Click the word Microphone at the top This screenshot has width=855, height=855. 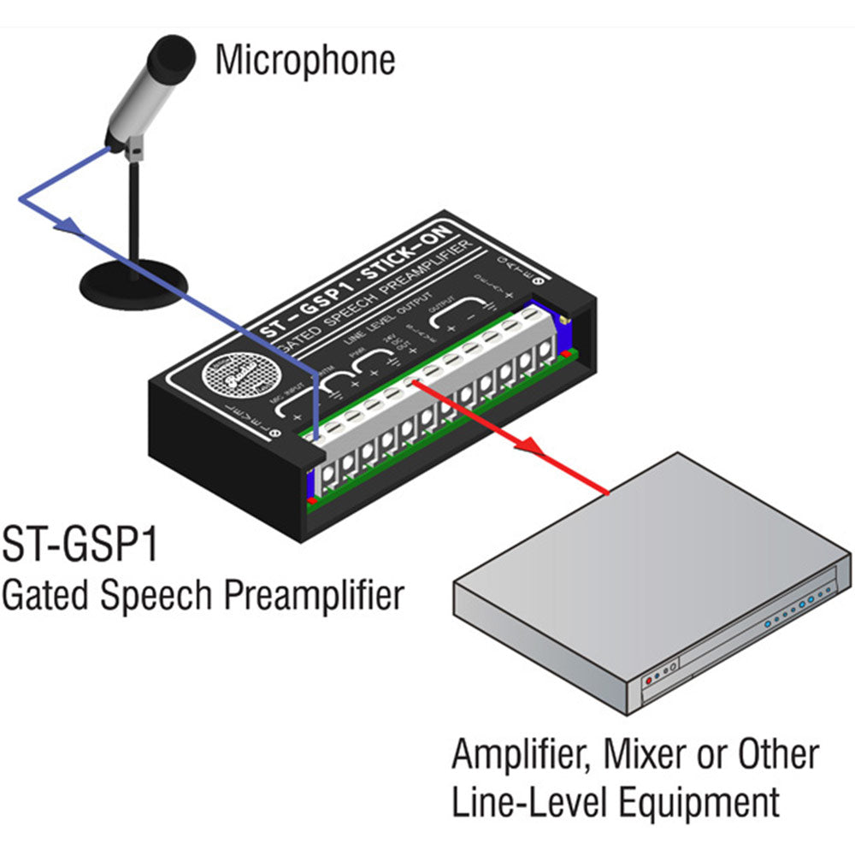pyautogui.click(x=304, y=60)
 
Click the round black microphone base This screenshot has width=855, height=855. pyautogui.click(x=133, y=278)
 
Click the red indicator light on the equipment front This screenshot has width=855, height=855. pyautogui.click(x=648, y=679)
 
